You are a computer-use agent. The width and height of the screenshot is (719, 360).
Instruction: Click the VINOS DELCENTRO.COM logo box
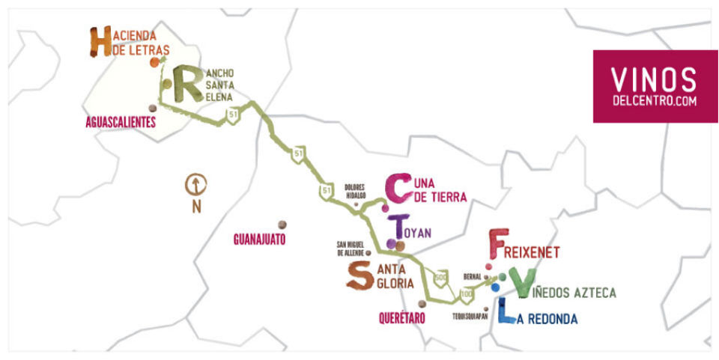point(655,86)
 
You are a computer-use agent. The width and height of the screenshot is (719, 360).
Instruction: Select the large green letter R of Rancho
point(183,84)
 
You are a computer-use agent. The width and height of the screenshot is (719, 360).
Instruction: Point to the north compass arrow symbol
point(196,183)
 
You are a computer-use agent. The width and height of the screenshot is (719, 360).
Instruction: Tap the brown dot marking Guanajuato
point(282,225)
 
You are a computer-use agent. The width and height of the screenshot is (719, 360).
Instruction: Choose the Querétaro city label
point(402,318)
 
